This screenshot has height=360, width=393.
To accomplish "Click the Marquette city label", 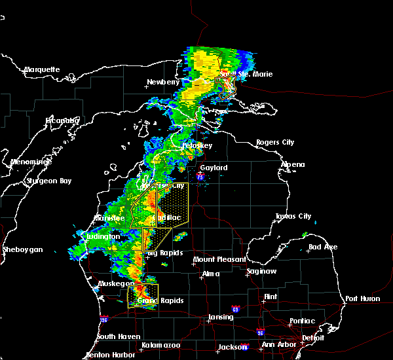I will pyautogui.click(x=42, y=69).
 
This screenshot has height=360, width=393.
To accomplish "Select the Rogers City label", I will pyautogui.click(x=275, y=142).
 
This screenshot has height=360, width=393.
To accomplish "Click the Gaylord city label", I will pyautogui.click(x=214, y=168).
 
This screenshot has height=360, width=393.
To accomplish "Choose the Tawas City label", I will pyautogui.click(x=293, y=216).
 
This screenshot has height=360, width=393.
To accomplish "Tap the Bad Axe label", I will pyautogui.click(x=323, y=247).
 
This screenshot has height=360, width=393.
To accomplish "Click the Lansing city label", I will pyautogui.click(x=221, y=317).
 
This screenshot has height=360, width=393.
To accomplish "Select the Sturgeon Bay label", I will pyautogui.click(x=48, y=181).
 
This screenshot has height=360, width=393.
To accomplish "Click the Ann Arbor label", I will pyautogui.click(x=276, y=345).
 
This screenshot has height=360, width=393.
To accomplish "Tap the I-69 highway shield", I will pyautogui.click(x=235, y=309).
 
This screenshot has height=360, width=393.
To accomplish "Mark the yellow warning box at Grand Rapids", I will pyautogui.click(x=143, y=295).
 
